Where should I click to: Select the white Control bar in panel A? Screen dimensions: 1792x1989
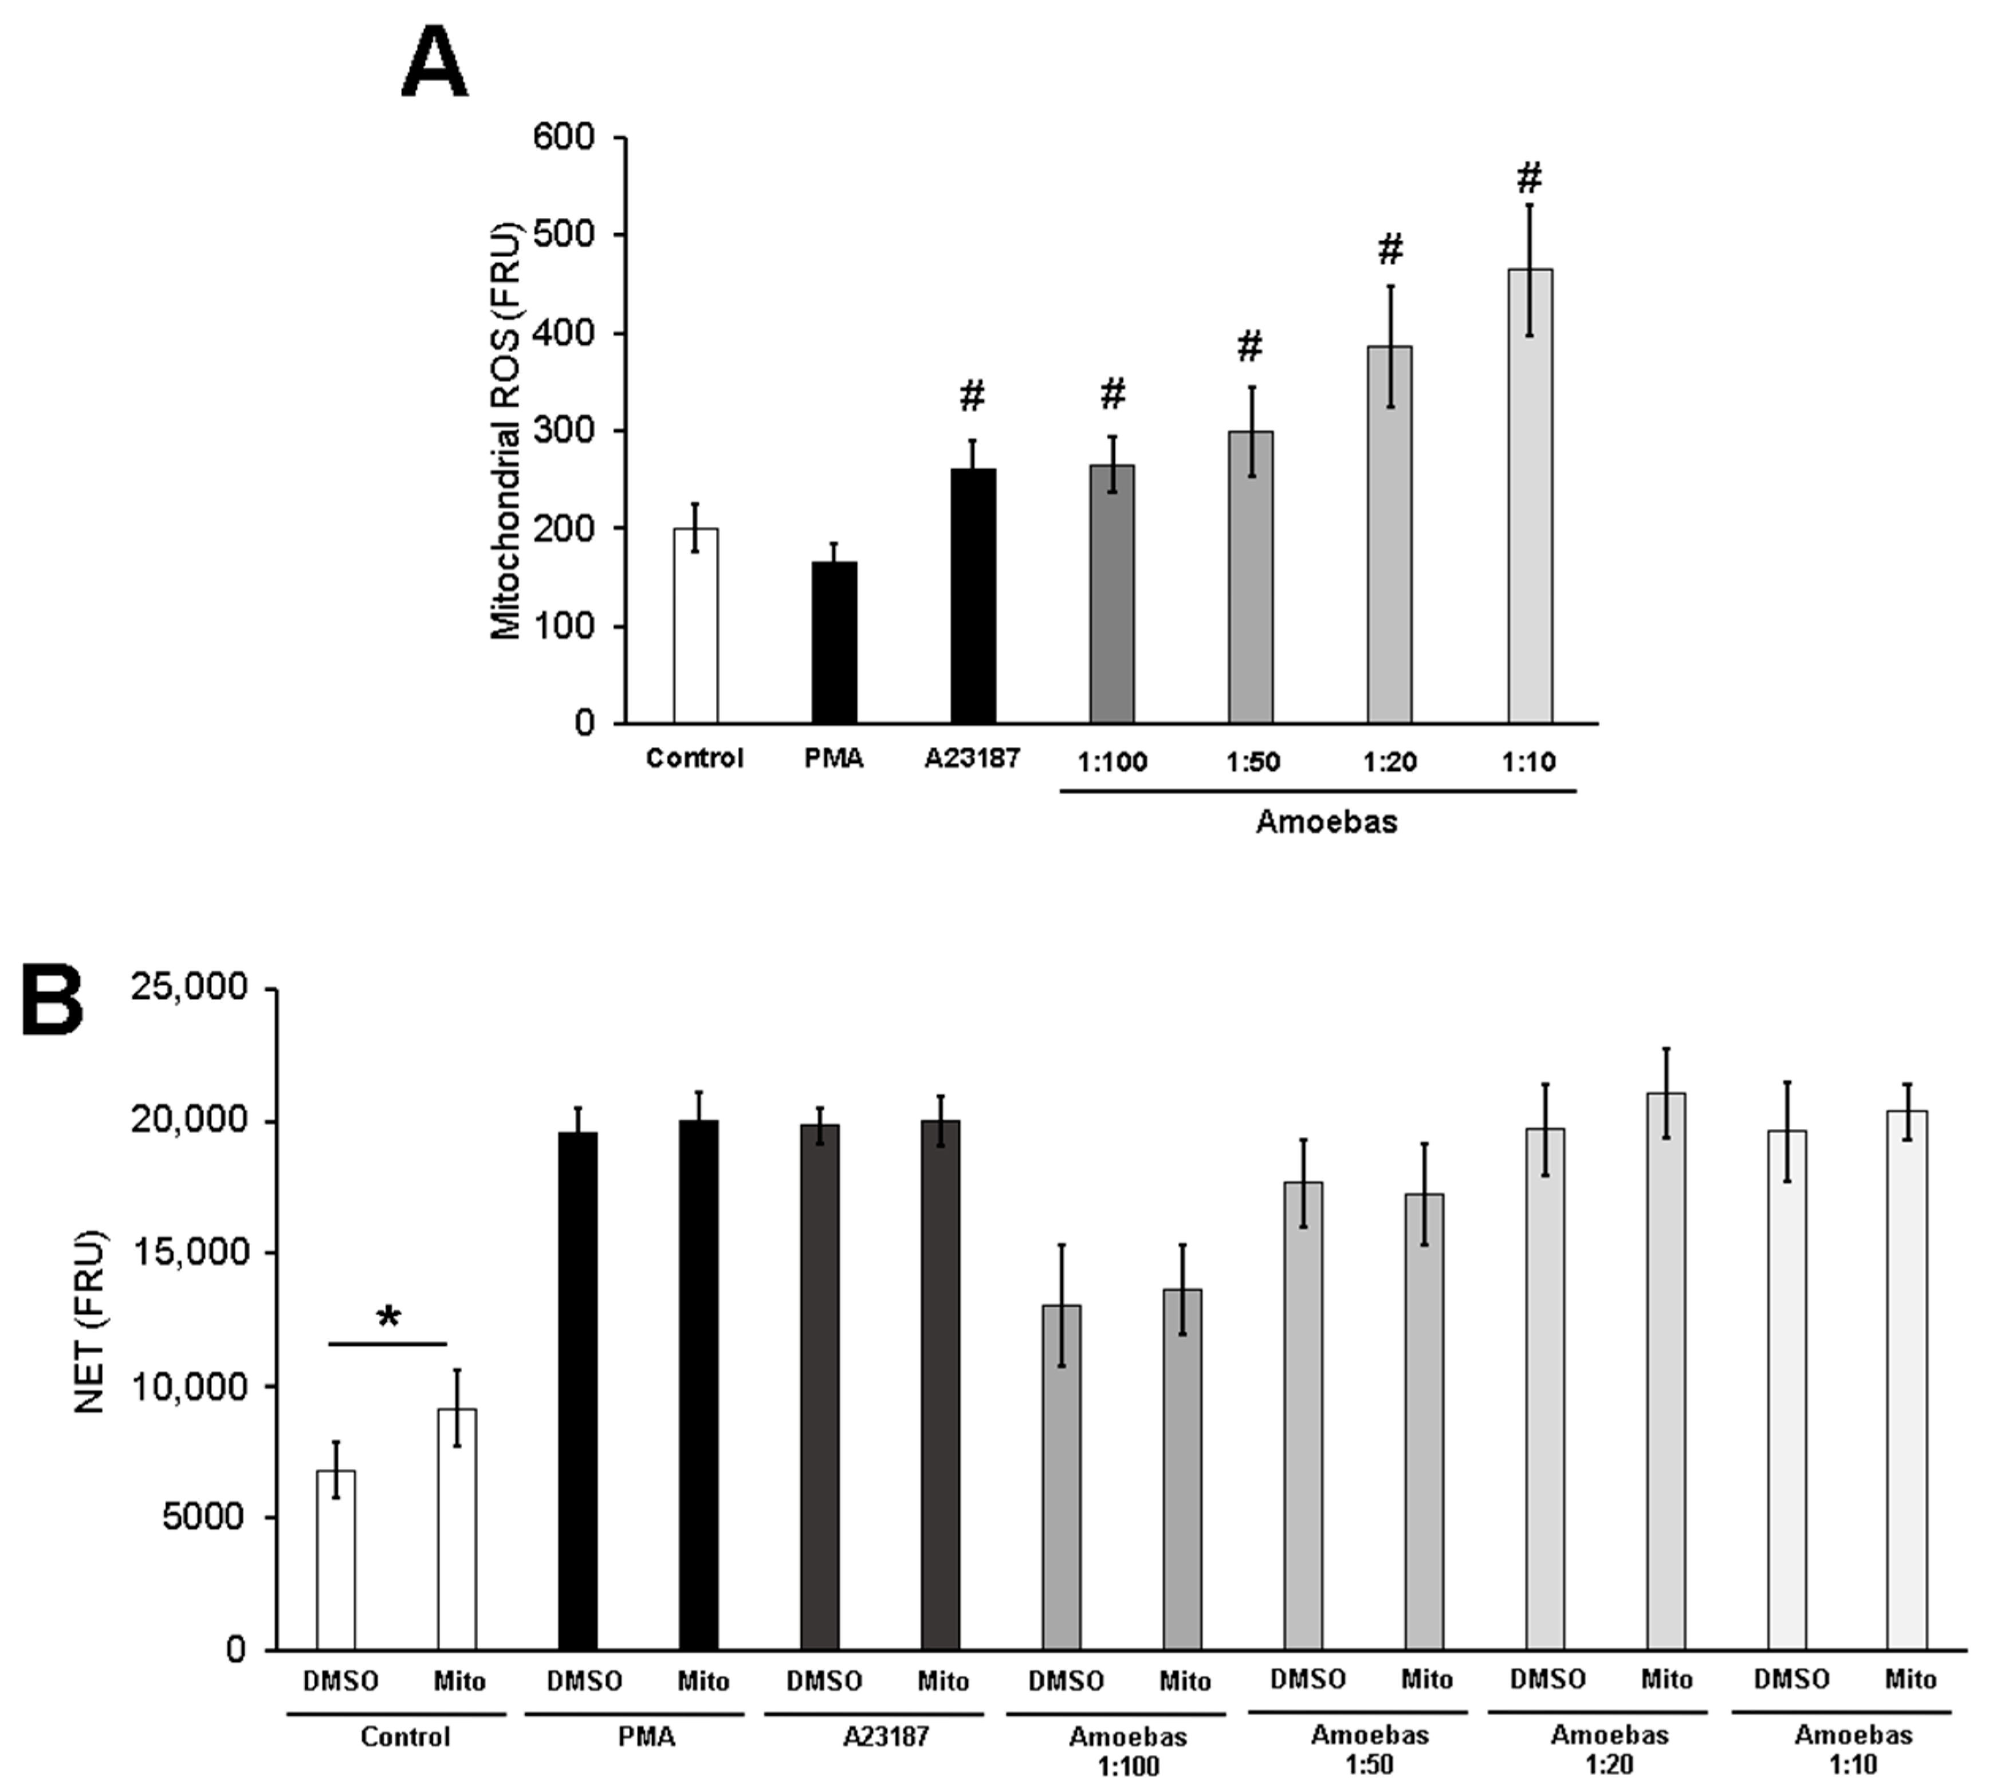point(695,625)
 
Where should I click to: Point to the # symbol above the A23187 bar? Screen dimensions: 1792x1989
point(971,396)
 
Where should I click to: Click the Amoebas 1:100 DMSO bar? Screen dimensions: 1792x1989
point(1062,1477)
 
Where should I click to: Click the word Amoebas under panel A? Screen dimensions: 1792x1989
point(1326,821)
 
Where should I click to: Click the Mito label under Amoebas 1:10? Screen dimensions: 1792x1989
point(1909,1679)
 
